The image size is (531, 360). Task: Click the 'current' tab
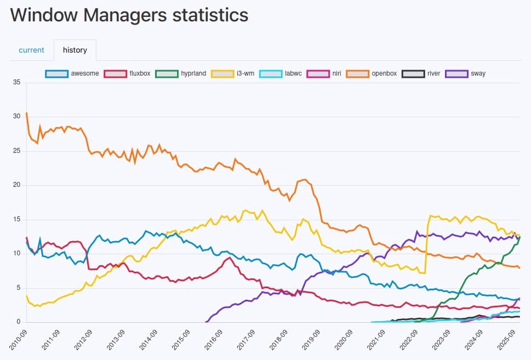pos(31,50)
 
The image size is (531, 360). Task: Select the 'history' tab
pos(75,50)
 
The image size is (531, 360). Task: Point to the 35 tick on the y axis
pos(16,83)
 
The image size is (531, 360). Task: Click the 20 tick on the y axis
pos(16,185)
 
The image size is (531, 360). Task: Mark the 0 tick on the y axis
pos(18,322)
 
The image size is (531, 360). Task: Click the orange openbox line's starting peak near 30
pos(27,113)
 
